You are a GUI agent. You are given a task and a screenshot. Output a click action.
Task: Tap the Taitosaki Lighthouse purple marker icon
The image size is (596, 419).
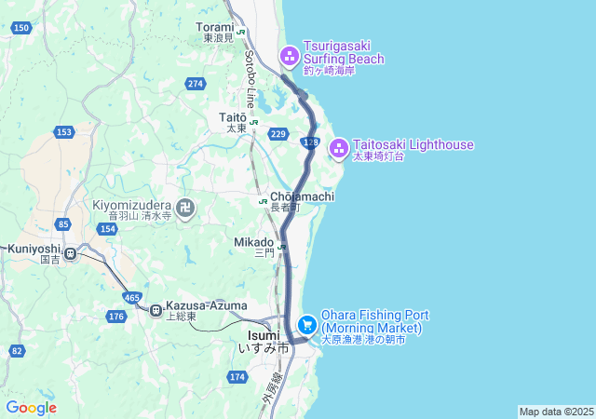[339, 146]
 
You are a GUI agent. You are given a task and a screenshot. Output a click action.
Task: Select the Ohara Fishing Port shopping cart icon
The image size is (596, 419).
[306, 324]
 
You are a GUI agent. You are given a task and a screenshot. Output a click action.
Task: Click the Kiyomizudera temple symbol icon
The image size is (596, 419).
[185, 208]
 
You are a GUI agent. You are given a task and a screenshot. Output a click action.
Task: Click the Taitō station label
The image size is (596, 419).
[233, 117]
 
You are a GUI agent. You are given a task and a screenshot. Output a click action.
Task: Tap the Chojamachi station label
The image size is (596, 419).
[297, 198]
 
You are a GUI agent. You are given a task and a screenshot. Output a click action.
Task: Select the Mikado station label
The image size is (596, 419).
[253, 242]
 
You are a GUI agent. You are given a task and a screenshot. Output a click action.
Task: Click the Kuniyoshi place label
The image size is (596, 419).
[34, 250]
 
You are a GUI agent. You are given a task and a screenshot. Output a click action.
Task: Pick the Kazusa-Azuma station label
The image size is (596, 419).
[206, 305]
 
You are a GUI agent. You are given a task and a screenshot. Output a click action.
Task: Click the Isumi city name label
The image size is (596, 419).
[264, 335]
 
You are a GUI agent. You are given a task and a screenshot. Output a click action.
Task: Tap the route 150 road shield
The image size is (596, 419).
[21, 29]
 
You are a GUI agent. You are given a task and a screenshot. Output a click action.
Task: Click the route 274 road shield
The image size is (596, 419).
[195, 84]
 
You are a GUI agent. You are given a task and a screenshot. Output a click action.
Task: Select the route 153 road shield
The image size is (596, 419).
[64, 132]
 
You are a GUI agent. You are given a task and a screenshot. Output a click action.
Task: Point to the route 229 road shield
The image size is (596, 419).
[278, 135]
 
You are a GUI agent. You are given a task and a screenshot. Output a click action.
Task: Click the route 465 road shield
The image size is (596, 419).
[132, 297]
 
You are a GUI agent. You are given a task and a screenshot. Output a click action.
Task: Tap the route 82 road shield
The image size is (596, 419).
[17, 351]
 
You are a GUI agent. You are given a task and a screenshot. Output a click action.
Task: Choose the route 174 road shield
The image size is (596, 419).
[237, 376]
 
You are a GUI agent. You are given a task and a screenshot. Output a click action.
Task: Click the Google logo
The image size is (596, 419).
[31, 407]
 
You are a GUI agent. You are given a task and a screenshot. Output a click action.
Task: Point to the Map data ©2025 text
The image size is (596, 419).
[556, 412]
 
